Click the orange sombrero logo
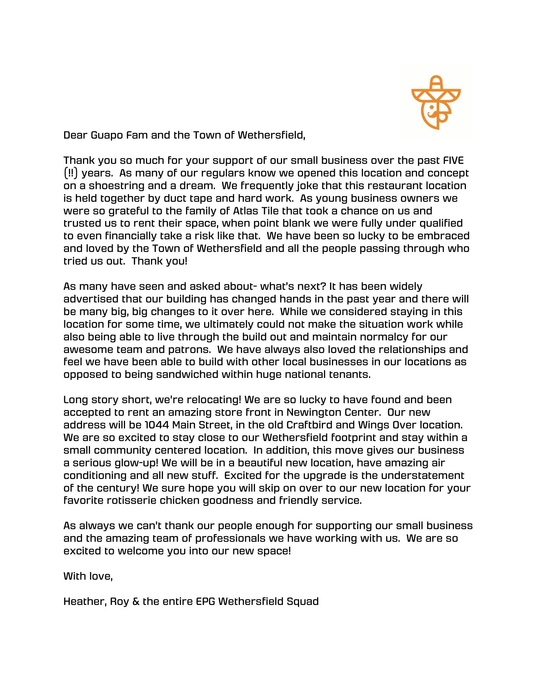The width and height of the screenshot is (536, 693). pos(436,103)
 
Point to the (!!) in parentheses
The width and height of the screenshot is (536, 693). pos(71,173)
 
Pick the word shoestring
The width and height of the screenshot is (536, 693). pos(114,186)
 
